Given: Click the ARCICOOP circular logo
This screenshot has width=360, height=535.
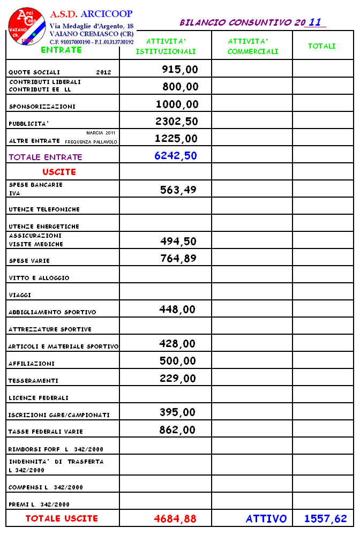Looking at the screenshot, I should coord(24,25).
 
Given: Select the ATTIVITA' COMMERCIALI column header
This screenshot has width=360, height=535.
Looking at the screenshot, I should coord(253,47).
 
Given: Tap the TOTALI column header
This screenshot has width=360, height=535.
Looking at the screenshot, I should coord(321,47).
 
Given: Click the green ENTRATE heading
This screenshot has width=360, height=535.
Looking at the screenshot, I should coord(61,50).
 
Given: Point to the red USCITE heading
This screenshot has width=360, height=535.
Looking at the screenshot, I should coord(59,172).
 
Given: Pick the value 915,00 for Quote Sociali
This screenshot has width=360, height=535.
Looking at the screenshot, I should coord(180,69).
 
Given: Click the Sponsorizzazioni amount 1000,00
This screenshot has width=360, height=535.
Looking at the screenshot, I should coord(177,104).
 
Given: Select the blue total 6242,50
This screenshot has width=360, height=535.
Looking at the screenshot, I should coord(176,155).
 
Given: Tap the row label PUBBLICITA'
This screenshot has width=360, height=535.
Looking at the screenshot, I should coord(28,124).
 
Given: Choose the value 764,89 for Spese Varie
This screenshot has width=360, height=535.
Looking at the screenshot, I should coord(178,259).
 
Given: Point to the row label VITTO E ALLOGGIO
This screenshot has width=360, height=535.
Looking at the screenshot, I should coord(39,278).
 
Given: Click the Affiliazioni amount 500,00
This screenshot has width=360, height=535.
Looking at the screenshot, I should coord(178,361).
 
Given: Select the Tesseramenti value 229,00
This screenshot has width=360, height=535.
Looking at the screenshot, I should coord(178,378).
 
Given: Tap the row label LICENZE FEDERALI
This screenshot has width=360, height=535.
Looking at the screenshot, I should coord(39,398).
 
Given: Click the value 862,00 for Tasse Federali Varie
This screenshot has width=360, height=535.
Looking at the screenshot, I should coord(178,429).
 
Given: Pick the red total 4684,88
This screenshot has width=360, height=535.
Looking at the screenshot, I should coord(175,518).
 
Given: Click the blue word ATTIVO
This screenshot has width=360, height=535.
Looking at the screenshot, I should coord(266,518).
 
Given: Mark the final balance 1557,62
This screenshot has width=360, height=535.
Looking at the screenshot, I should coord(326,518).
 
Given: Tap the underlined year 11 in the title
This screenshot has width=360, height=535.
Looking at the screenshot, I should coord(316,22).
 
